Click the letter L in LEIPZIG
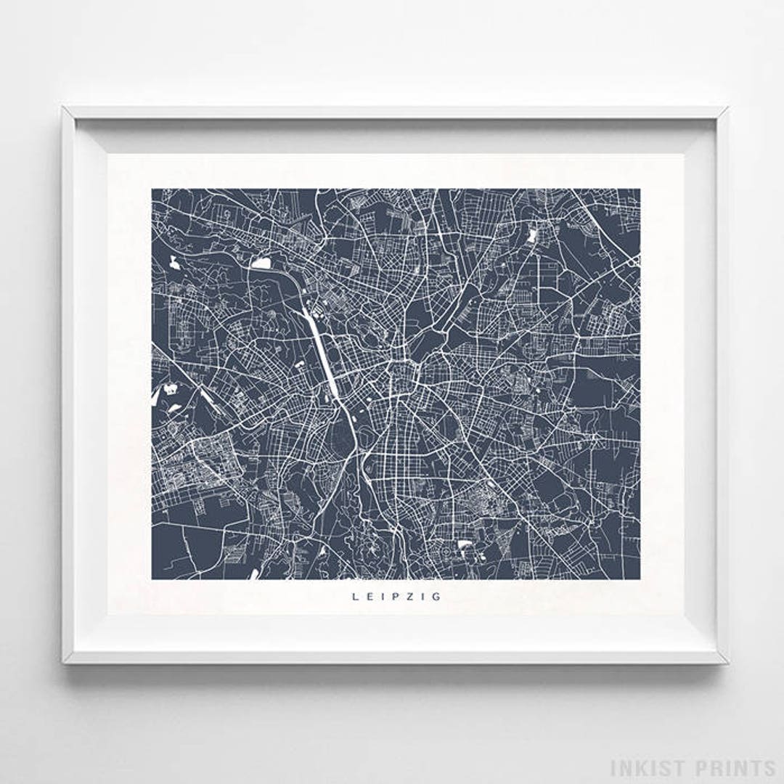355,597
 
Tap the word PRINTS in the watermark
733,767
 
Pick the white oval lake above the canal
260,263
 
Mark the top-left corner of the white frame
63,108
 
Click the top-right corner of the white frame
727,108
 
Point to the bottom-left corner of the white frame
63,662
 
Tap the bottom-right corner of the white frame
727,662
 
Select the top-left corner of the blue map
152,189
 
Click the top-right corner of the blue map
640,189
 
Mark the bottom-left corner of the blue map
152,579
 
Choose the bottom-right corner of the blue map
640,579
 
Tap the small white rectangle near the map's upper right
534,234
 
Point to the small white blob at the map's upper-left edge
174,262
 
